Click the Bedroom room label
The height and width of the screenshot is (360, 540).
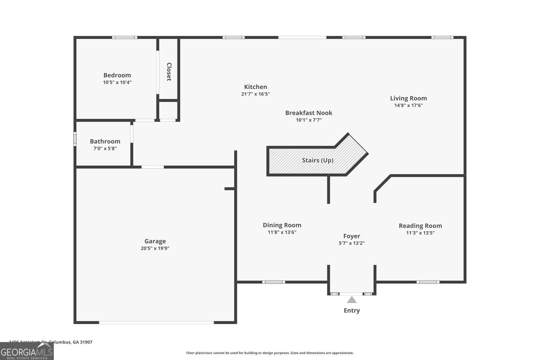[117, 75]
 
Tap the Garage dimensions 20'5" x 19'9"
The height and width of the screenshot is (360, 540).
[155, 248]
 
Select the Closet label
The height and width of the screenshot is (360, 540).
[169, 72]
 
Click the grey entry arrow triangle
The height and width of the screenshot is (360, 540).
[352, 300]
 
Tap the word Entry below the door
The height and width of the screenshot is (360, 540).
[352, 310]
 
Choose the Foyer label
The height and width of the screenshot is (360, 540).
[352, 236]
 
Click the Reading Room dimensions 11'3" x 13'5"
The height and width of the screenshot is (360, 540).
[420, 233]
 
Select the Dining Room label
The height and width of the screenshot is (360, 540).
[282, 225]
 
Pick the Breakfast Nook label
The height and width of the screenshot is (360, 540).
[308, 113]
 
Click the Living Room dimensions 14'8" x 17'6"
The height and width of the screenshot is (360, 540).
[408, 105]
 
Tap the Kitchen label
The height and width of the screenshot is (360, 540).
[255, 87]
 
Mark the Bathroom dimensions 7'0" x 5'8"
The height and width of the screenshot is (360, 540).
[105, 149]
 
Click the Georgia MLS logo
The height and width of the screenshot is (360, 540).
[27, 351]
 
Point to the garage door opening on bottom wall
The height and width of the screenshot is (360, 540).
[156, 323]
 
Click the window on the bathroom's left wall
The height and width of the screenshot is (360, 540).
[75, 139]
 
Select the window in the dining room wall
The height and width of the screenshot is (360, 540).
[273, 282]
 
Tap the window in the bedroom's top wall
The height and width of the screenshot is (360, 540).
[125, 37]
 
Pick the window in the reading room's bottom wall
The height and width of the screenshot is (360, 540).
[428, 282]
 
